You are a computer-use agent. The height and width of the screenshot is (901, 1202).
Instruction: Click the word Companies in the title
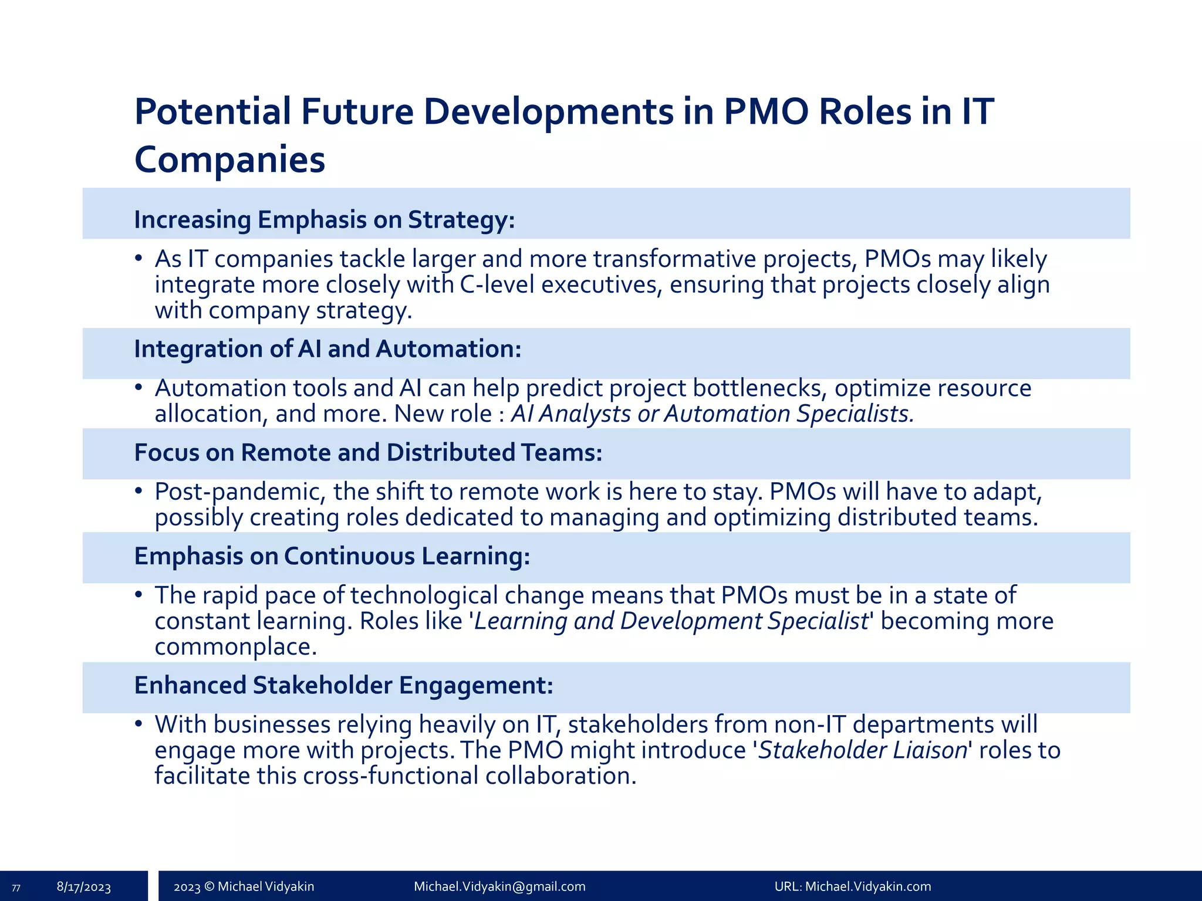[229, 160]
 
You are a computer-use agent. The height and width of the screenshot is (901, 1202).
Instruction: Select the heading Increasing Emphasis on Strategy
[324, 219]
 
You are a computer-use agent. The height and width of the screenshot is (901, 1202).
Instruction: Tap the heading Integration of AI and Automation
[327, 349]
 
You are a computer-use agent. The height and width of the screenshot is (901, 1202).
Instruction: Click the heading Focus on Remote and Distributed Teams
[368, 453]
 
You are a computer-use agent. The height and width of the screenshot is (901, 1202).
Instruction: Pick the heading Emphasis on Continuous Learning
[332, 556]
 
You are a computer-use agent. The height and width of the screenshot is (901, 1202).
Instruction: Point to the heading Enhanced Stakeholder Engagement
[343, 685]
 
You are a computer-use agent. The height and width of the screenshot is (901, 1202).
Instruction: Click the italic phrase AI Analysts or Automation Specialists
[713, 414]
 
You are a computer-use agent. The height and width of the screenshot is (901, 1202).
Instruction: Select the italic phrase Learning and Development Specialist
[671, 621]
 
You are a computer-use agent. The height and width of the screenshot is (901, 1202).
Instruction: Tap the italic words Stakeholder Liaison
[862, 750]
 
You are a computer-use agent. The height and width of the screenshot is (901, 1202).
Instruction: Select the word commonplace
[235, 647]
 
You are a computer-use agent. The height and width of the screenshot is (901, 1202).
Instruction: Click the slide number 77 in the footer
[16, 888]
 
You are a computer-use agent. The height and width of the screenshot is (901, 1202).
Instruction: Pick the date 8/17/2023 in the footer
[84, 887]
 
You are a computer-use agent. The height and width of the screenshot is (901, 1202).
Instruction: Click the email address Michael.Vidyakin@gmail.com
[499, 886]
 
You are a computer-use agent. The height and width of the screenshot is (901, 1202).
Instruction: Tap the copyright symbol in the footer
[209, 886]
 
